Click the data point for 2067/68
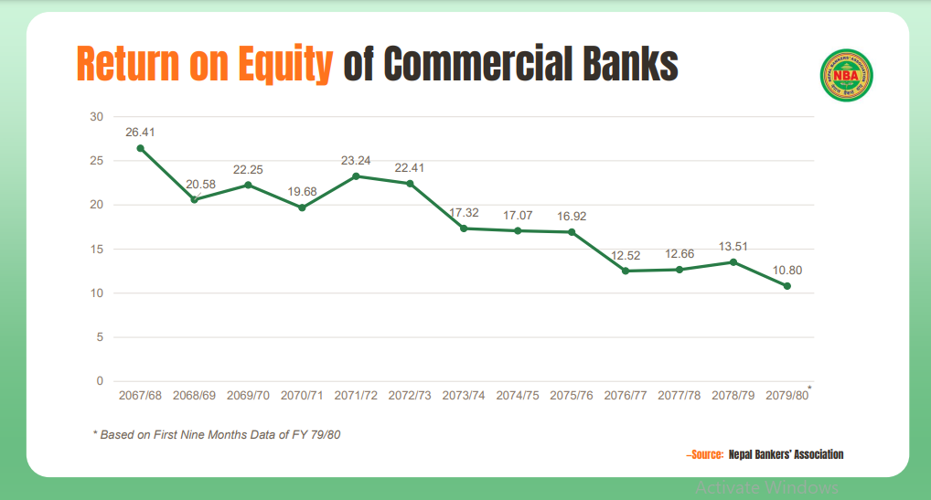[140, 148]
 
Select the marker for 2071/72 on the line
[356, 176]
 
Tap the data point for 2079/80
[787, 286]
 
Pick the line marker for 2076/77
[626, 271]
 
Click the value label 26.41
[140, 132]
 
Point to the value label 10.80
[787, 270]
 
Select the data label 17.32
[464, 212]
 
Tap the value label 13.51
[733, 246]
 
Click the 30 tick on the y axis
[96, 117]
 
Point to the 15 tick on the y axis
[96, 250]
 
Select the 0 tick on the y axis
[99, 381]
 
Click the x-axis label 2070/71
[302, 397]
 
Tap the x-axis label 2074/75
[518, 397]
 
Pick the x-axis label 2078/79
[733, 397]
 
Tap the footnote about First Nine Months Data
[218, 434]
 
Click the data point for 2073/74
[464, 229]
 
